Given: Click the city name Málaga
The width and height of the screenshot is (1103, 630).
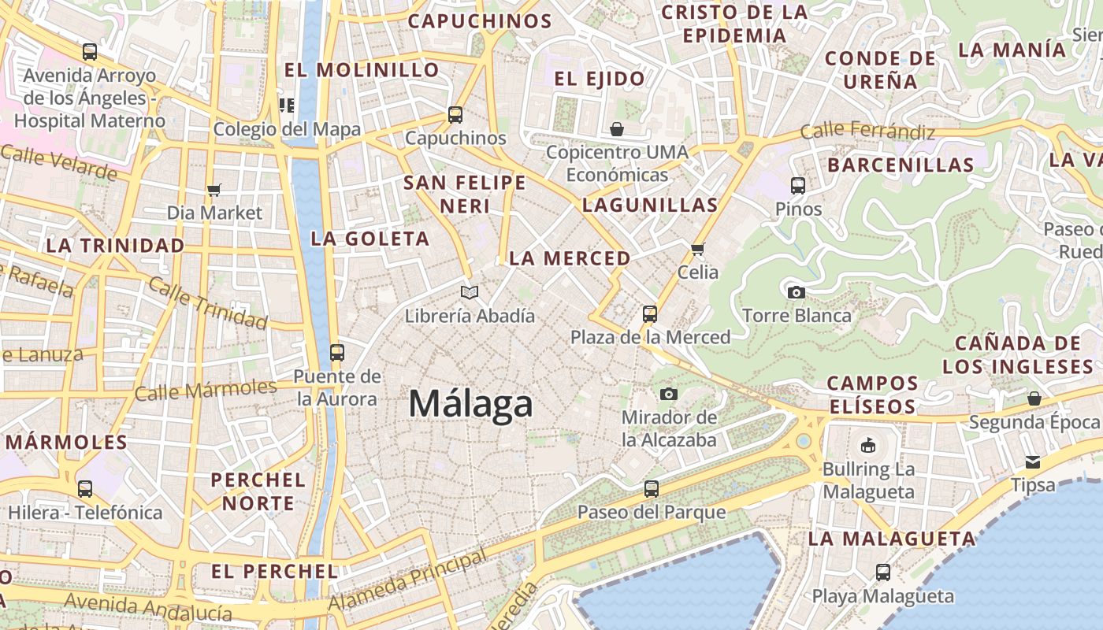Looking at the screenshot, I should tap(470, 404).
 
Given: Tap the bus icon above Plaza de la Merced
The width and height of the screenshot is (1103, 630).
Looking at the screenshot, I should tap(650, 314).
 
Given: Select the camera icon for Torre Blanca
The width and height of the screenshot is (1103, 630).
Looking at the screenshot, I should tap(797, 292).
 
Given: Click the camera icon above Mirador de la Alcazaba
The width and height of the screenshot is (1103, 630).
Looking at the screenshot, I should tap(669, 393).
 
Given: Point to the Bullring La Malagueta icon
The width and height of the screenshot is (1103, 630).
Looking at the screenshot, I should tap(868, 446).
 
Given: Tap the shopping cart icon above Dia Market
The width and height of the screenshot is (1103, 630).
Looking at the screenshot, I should tap(214, 190).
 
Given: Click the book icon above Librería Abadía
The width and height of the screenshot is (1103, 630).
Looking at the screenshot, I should tap(470, 293).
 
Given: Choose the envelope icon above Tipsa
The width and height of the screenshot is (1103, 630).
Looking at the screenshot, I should tap(1033, 461).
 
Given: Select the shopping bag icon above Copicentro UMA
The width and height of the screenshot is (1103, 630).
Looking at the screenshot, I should tap(617, 128).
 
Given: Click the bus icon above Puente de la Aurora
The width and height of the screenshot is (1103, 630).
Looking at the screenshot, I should tap(337, 352).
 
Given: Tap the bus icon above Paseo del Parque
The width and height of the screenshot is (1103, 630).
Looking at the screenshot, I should tap(651, 489).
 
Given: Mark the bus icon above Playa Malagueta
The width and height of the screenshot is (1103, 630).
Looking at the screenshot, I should tap(883, 573).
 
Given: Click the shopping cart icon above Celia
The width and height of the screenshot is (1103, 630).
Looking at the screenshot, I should tap(697, 249).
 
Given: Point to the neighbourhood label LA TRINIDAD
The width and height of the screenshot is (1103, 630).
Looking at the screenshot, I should tap(115, 245).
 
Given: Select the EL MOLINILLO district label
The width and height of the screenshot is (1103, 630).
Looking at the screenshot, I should tap(362, 70).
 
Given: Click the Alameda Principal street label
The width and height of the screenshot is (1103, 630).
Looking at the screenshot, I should tap(407, 580).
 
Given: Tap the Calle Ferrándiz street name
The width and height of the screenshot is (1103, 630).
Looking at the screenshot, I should tap(867, 131).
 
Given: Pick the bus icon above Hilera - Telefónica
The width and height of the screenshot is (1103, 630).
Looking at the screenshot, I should tap(85, 489).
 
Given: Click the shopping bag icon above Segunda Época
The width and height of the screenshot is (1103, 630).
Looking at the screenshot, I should tap(1034, 398).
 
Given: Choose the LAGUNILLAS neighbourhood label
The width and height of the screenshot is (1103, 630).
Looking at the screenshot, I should tap(650, 206).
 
